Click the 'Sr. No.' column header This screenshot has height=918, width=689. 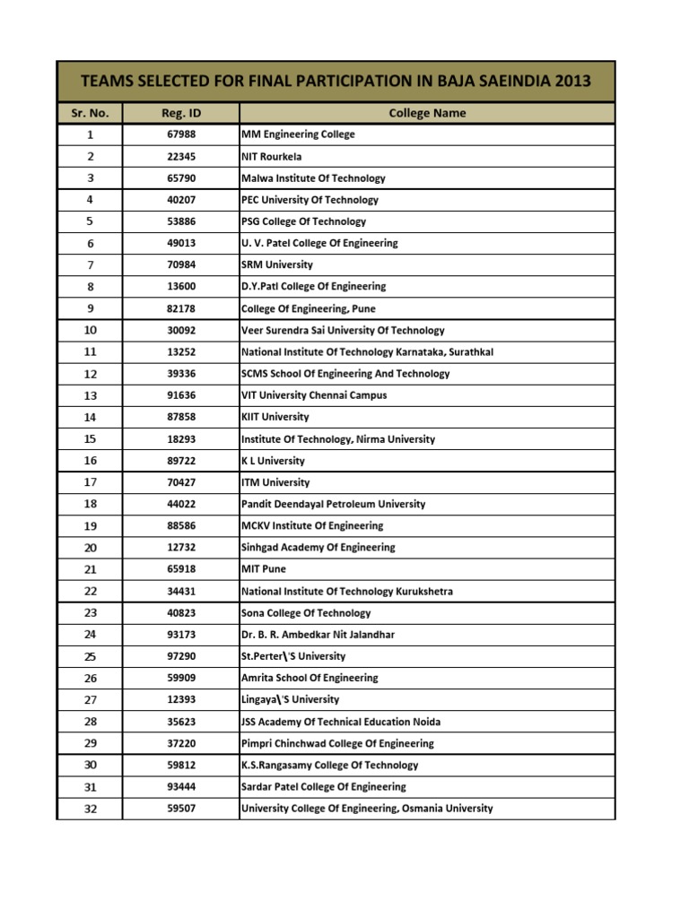[x=90, y=113]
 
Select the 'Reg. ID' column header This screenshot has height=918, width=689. [x=180, y=113]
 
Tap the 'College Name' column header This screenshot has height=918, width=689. [x=427, y=113]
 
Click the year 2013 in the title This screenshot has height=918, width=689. [x=572, y=82]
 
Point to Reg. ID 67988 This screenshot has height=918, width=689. [x=180, y=134]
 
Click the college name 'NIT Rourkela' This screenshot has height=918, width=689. [x=272, y=156]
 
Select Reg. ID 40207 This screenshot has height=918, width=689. [x=180, y=200]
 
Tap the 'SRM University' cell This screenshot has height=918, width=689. [x=277, y=264]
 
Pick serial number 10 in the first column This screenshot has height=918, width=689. [x=90, y=330]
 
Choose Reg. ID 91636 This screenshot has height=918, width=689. [x=180, y=395]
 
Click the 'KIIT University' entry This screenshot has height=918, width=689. [x=275, y=417]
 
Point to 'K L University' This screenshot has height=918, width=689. [x=273, y=461]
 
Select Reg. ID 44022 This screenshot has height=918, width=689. [x=180, y=504]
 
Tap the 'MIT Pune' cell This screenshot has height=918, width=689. [x=264, y=569]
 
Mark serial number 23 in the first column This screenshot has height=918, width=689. [x=90, y=613]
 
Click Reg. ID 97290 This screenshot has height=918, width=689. [x=180, y=656]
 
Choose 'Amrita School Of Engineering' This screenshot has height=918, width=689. [x=310, y=678]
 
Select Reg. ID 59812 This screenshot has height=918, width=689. [x=180, y=766]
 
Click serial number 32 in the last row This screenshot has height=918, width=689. [x=90, y=809]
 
